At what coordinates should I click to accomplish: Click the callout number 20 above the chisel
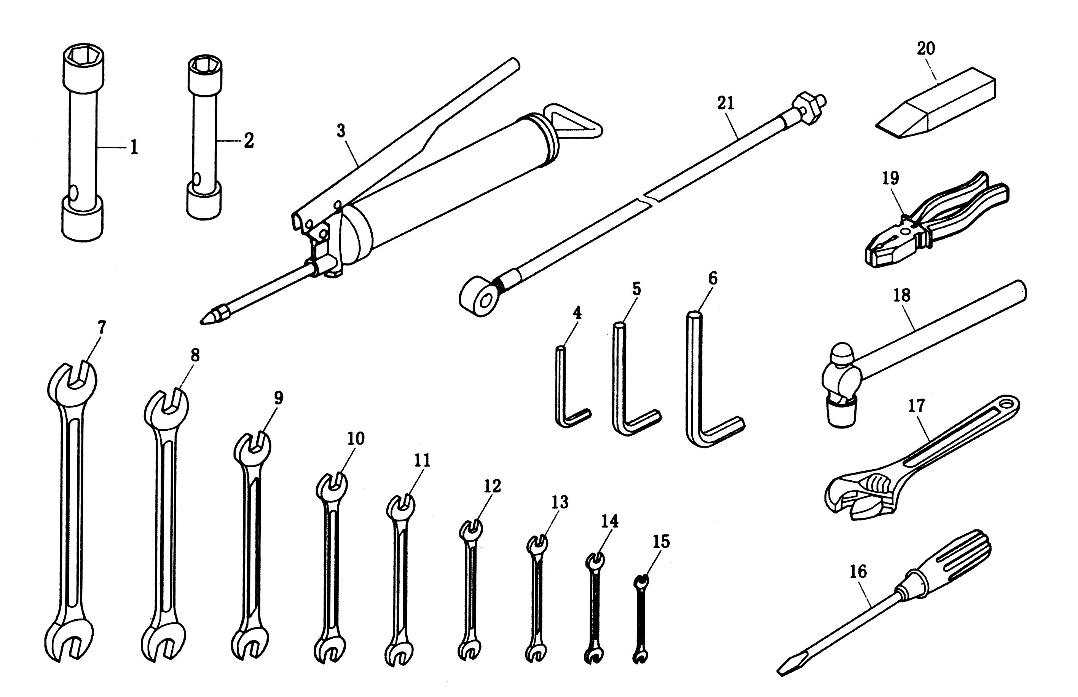(926, 48)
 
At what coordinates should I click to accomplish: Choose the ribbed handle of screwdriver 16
(959, 559)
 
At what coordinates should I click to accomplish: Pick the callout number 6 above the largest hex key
(713, 279)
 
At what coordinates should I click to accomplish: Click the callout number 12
(493, 486)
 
